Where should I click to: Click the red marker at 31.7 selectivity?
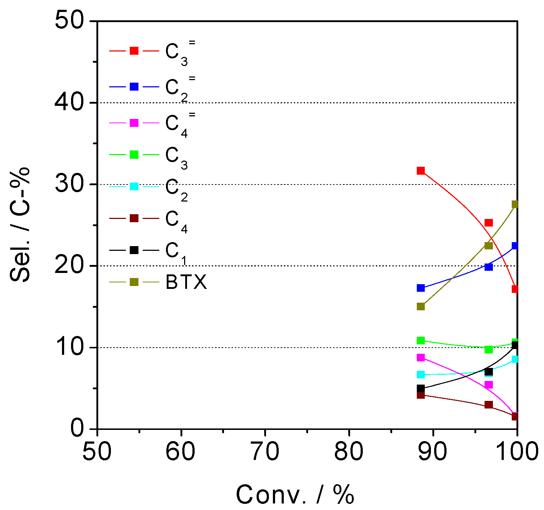[x=420, y=171]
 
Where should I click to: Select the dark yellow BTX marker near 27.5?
[x=515, y=204]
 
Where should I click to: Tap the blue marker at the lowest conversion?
[x=420, y=288]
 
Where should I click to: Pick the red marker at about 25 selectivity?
[x=489, y=223]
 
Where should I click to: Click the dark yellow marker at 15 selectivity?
[x=420, y=306]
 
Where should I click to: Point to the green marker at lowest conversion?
[x=420, y=340]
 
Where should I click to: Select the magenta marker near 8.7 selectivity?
[x=420, y=358]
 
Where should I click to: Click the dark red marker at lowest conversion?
[x=420, y=395]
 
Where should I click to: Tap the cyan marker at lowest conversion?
[x=420, y=374]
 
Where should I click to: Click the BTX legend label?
[x=186, y=282]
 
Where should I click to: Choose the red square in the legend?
[x=134, y=51]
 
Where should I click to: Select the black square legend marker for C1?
[x=134, y=250]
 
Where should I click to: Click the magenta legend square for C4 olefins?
[x=134, y=123]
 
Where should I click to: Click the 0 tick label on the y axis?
[x=76, y=428]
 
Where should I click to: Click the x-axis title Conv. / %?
[x=295, y=494]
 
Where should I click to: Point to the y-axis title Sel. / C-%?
[x=20, y=225]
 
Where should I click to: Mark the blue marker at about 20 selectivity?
[x=489, y=267]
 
